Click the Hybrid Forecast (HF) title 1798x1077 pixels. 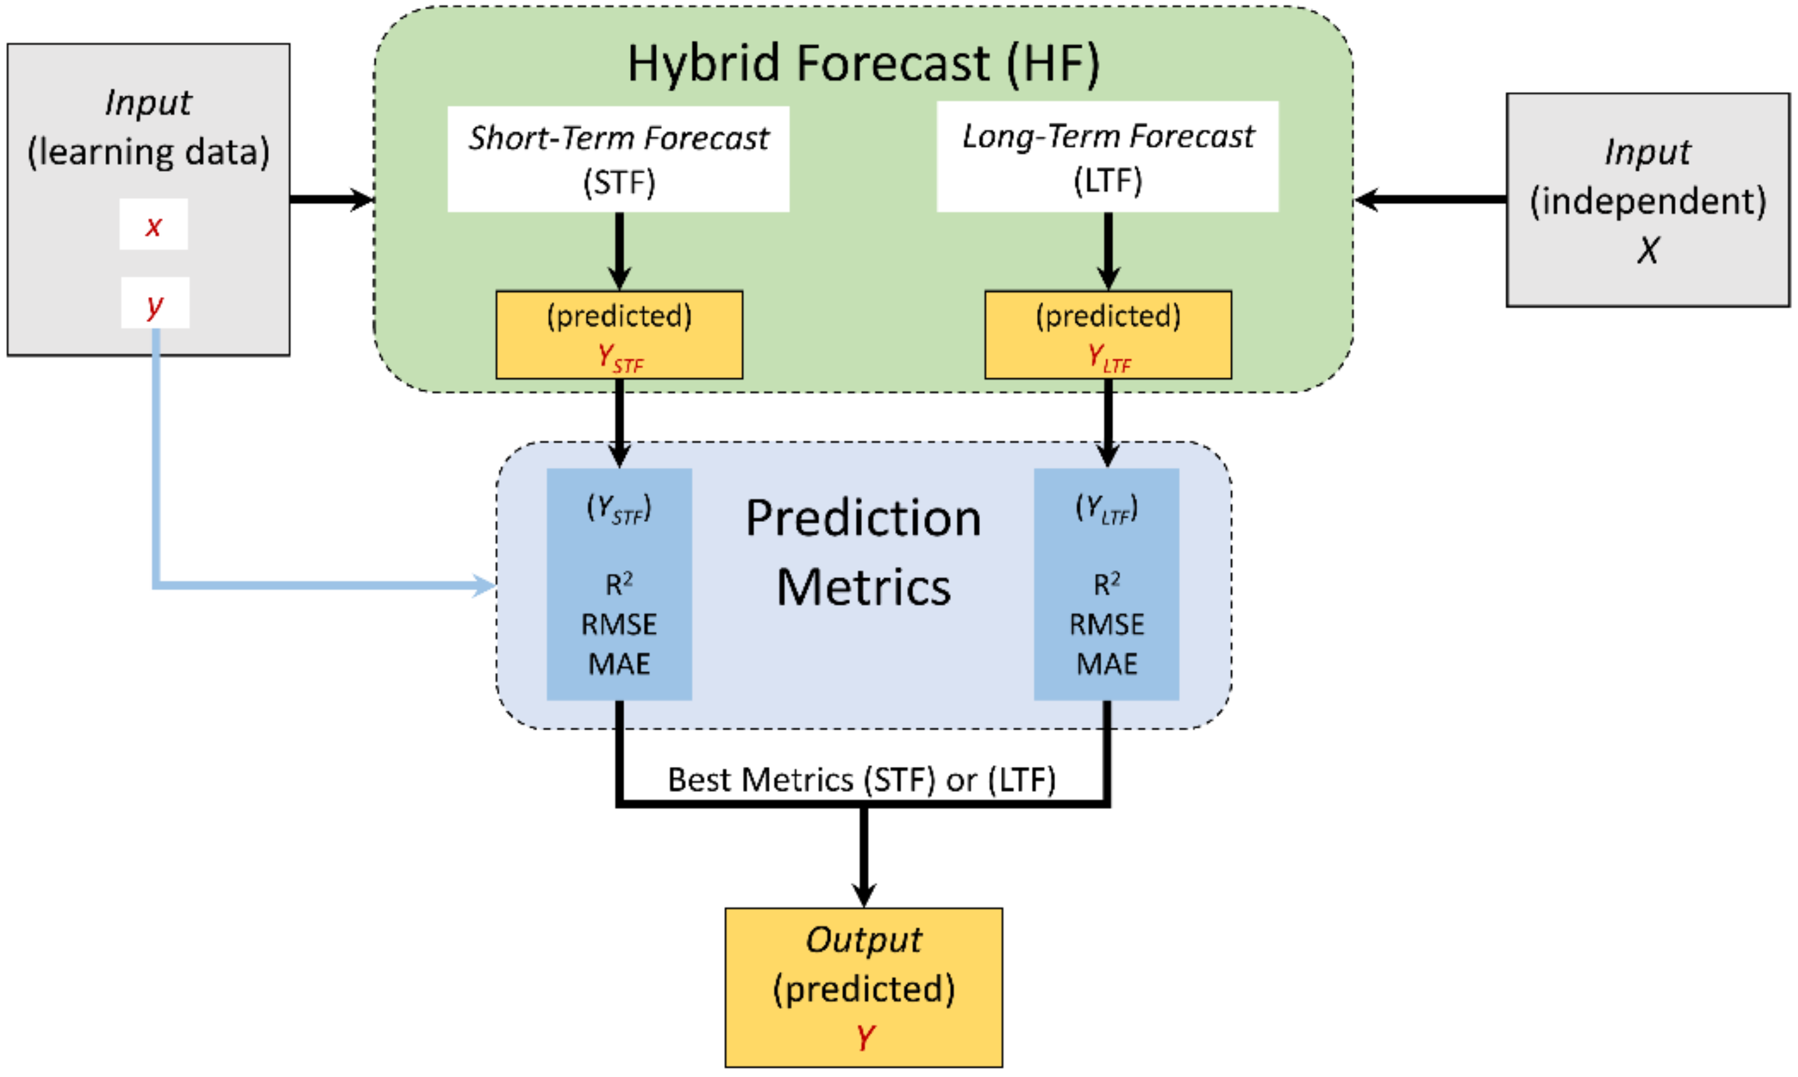pyautogui.click(x=863, y=63)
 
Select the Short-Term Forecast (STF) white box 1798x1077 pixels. pyautogui.click(x=618, y=159)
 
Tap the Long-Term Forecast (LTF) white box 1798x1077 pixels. pyautogui.click(x=1107, y=157)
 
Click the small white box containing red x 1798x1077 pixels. pyautogui.click(x=153, y=225)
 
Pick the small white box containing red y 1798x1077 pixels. pyautogui.click(x=155, y=303)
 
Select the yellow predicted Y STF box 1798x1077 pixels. pyautogui.click(x=619, y=335)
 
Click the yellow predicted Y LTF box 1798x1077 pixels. pyautogui.click(x=1107, y=335)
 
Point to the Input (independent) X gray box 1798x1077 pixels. pyautogui.click(x=1647, y=200)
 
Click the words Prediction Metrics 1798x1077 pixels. pyautogui.click(x=863, y=553)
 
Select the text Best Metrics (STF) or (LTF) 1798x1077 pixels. pyautogui.click(x=861, y=780)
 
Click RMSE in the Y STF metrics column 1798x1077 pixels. pyautogui.click(x=619, y=625)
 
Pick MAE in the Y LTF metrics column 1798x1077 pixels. pyautogui.click(x=1106, y=664)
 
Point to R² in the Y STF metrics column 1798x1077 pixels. pyautogui.click(x=619, y=583)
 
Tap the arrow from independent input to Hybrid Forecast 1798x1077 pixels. pyautogui.click(x=1429, y=199)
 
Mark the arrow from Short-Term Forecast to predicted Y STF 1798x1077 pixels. pyautogui.click(x=619, y=251)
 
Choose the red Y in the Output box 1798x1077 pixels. pyautogui.click(x=864, y=1037)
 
